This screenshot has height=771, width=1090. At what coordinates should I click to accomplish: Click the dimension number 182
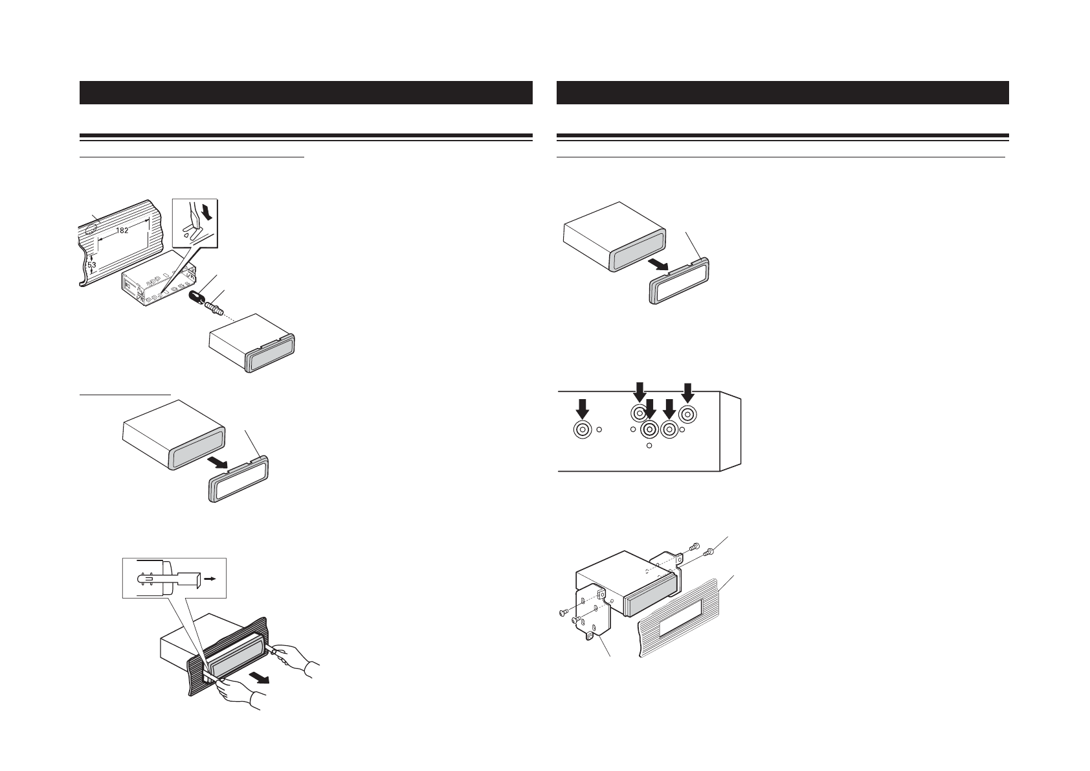tap(122, 231)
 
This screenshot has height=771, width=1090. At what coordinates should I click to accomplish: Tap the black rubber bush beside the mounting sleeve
tap(196, 297)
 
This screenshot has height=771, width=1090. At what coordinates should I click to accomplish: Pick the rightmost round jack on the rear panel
tap(687, 413)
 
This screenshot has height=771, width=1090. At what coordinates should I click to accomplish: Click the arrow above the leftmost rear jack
tap(583, 408)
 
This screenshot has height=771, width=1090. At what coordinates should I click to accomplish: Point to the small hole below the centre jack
tap(650, 446)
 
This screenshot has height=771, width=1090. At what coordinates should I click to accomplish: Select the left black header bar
tap(306, 93)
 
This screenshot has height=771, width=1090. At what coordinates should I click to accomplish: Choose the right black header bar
tap(783, 93)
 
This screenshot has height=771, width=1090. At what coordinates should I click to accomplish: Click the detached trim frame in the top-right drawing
tap(679, 281)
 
